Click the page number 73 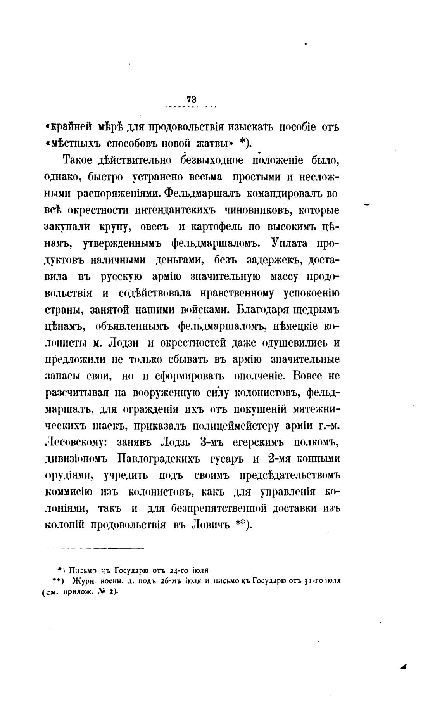tap(191, 99)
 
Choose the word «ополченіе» tap(260, 376)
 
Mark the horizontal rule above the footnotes tap(95, 548)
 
